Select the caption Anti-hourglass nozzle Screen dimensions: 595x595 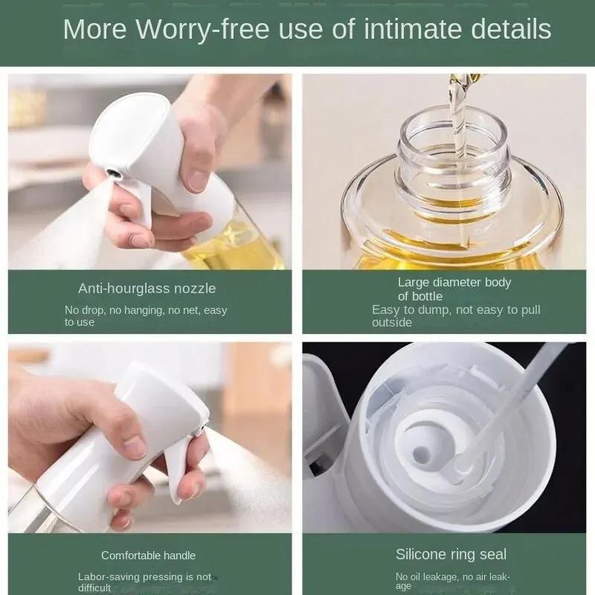pyautogui.click(x=147, y=288)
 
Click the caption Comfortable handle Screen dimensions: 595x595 pyautogui.click(x=148, y=555)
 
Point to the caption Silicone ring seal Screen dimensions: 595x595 pyautogui.click(x=451, y=554)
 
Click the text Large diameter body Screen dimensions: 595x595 pyautogui.click(x=454, y=282)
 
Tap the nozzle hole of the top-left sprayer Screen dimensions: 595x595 pyautogui.click(x=112, y=173)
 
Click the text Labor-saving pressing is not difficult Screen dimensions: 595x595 pyautogui.click(x=144, y=582)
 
